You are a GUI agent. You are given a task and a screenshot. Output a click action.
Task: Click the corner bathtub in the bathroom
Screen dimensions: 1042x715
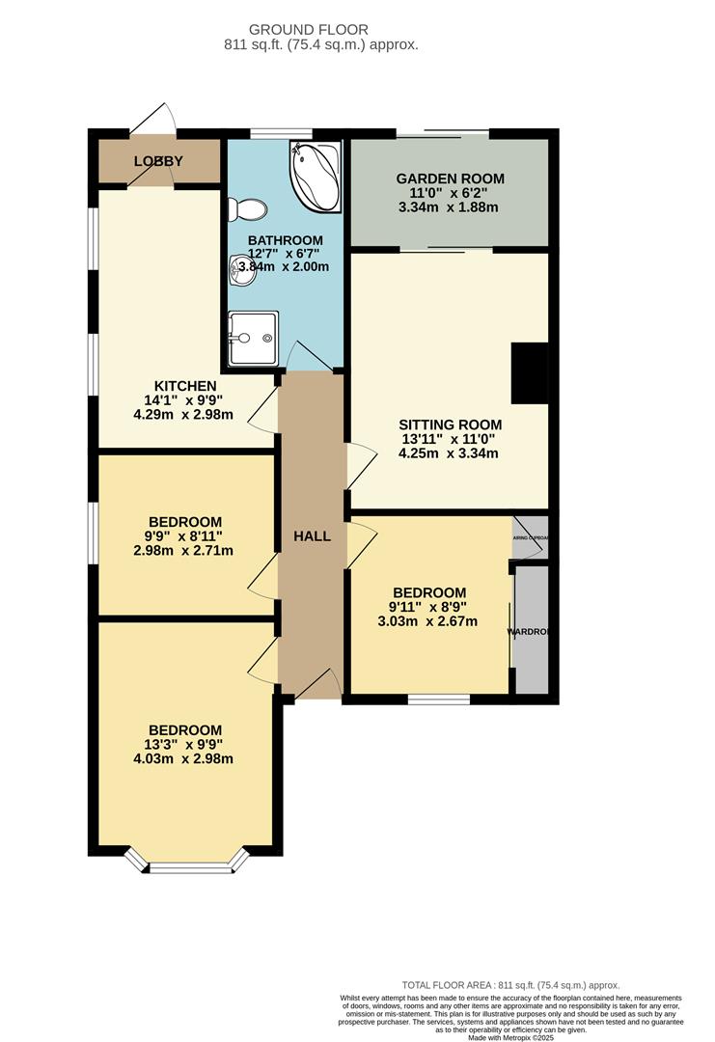(x=314, y=178)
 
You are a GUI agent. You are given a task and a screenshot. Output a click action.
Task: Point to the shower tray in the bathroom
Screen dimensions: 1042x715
(x=253, y=338)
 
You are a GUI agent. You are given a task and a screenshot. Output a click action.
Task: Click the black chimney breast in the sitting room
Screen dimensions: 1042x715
(x=529, y=372)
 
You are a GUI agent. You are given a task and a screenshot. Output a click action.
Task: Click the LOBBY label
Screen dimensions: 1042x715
(x=158, y=161)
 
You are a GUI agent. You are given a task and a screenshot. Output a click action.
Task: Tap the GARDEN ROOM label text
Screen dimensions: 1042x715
(x=450, y=178)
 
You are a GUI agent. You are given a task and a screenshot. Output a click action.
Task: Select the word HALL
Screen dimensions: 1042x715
(x=311, y=535)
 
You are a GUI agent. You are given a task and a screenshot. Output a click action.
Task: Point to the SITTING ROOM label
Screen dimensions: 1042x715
(x=451, y=424)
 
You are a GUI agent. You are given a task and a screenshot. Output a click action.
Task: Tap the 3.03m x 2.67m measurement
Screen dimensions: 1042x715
(x=429, y=620)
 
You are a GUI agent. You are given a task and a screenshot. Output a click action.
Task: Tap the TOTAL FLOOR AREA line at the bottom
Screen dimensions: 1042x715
(x=511, y=984)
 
